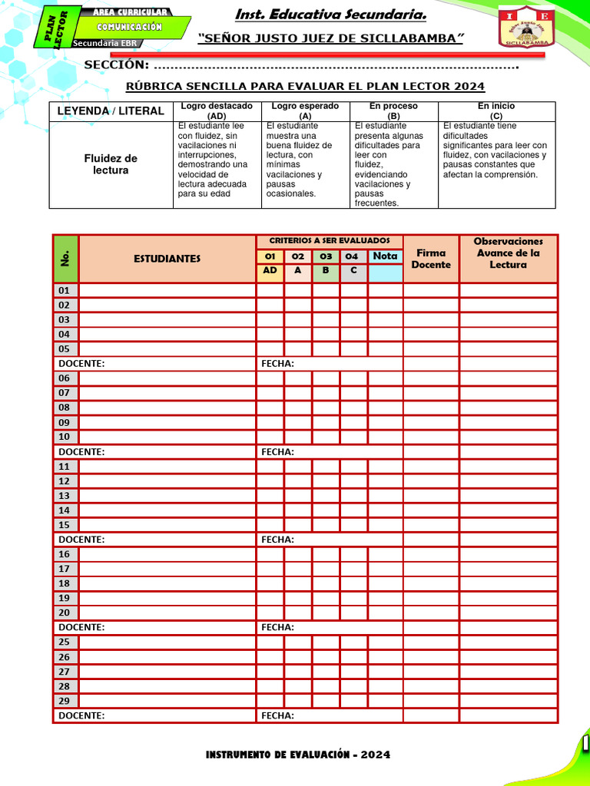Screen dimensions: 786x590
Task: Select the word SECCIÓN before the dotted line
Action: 116,65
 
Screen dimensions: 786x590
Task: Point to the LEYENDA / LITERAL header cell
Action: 111,111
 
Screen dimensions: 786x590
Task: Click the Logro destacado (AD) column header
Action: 217,111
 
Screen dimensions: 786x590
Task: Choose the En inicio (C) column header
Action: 496,111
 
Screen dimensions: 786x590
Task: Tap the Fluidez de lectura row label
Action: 111,164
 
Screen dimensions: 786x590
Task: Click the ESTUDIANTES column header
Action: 167,259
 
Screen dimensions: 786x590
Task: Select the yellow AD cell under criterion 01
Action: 270,270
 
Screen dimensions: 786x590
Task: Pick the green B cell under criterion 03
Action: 326,270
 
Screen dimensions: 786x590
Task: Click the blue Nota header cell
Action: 385,256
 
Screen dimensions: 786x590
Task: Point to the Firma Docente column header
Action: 431,259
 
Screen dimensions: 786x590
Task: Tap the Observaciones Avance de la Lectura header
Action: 508,253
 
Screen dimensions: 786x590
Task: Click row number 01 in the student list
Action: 65,290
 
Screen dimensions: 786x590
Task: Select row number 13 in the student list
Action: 65,496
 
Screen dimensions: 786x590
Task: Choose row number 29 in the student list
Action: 65,701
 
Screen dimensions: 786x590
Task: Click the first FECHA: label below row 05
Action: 277,364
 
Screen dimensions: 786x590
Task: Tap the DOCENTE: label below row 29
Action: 81,715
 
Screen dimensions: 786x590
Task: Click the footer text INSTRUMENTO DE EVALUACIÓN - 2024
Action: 297,755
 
